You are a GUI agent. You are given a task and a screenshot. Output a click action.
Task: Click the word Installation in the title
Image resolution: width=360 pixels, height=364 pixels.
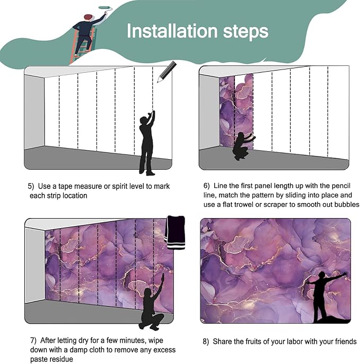pyautogui.click(x=172, y=31)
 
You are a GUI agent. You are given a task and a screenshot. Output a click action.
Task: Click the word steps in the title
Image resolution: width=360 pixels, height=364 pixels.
pyautogui.click(x=245, y=32)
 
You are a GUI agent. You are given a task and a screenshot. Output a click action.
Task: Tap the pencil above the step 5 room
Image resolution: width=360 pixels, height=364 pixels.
pyautogui.click(x=166, y=72)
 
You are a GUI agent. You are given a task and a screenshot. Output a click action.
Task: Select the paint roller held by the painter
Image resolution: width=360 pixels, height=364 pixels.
pyautogui.click(x=105, y=8)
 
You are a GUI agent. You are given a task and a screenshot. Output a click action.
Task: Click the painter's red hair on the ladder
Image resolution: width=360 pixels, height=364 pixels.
pyautogui.click(x=88, y=17)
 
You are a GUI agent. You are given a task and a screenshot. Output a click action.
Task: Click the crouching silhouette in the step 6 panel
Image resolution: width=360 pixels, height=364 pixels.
pyautogui.click(x=243, y=146)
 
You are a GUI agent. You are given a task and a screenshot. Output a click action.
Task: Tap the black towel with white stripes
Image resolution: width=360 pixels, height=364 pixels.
pyautogui.click(x=175, y=232)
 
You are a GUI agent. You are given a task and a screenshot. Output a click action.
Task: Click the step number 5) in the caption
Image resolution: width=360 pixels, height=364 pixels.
pyautogui.click(x=31, y=186)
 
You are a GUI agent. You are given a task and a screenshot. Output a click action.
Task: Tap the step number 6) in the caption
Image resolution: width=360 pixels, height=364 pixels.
pyautogui.click(x=206, y=186)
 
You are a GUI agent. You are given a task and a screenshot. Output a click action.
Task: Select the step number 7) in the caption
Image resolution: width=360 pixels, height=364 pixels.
pyautogui.click(x=33, y=340)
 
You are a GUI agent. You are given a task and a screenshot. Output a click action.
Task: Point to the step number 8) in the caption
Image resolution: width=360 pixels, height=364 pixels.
pyautogui.click(x=206, y=342)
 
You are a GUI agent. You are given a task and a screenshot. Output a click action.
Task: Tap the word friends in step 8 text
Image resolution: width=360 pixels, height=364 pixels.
pyautogui.click(x=346, y=342)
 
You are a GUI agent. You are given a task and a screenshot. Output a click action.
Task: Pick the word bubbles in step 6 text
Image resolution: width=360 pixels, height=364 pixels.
pyautogui.click(x=346, y=204)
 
